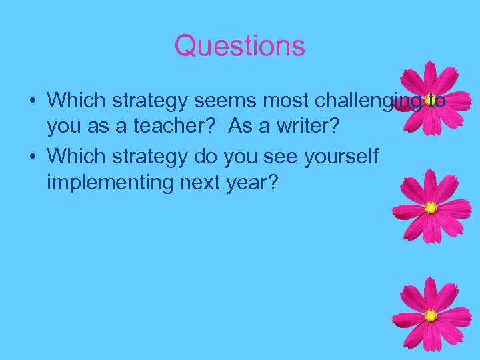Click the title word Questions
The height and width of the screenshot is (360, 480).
click(x=239, y=46)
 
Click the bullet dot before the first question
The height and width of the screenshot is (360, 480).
click(x=31, y=101)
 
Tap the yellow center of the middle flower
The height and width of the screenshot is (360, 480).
click(x=431, y=207)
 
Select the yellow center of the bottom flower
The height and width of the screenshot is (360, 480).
click(x=431, y=315)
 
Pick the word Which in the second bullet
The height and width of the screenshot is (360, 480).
click(x=73, y=157)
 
